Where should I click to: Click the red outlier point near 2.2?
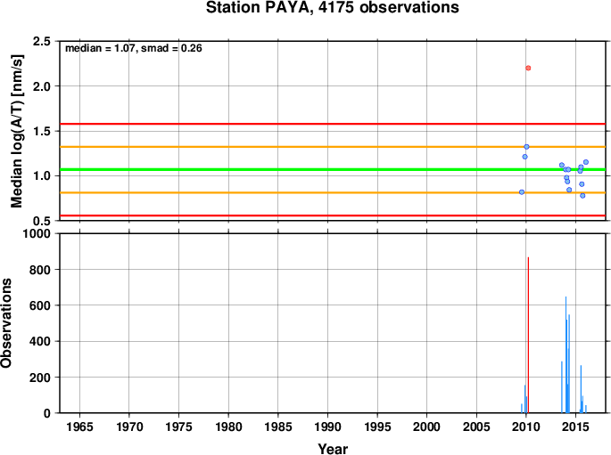point(528,68)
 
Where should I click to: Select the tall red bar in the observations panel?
point(528,335)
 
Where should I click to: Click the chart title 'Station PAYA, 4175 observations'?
point(333,7)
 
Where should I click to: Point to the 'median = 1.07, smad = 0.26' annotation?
point(133,48)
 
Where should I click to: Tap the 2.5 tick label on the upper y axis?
point(42,41)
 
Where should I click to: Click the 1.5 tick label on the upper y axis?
point(42,131)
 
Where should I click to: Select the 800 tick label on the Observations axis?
point(40,270)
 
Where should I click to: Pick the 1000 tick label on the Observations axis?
point(37,233)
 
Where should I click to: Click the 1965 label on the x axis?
point(80,427)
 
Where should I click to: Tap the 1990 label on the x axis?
point(327,427)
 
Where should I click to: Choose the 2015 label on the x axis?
point(575,427)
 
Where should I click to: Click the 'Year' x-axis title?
point(333,449)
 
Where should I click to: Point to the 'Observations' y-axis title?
point(6,323)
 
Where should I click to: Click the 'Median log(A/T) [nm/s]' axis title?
point(17,131)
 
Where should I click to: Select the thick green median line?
point(333,169)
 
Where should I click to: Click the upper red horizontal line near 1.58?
point(333,124)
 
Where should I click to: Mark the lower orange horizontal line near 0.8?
point(333,192)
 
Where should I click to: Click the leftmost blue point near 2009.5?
point(522,192)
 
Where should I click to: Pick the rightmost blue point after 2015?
point(586,162)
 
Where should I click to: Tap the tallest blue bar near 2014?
point(566,354)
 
